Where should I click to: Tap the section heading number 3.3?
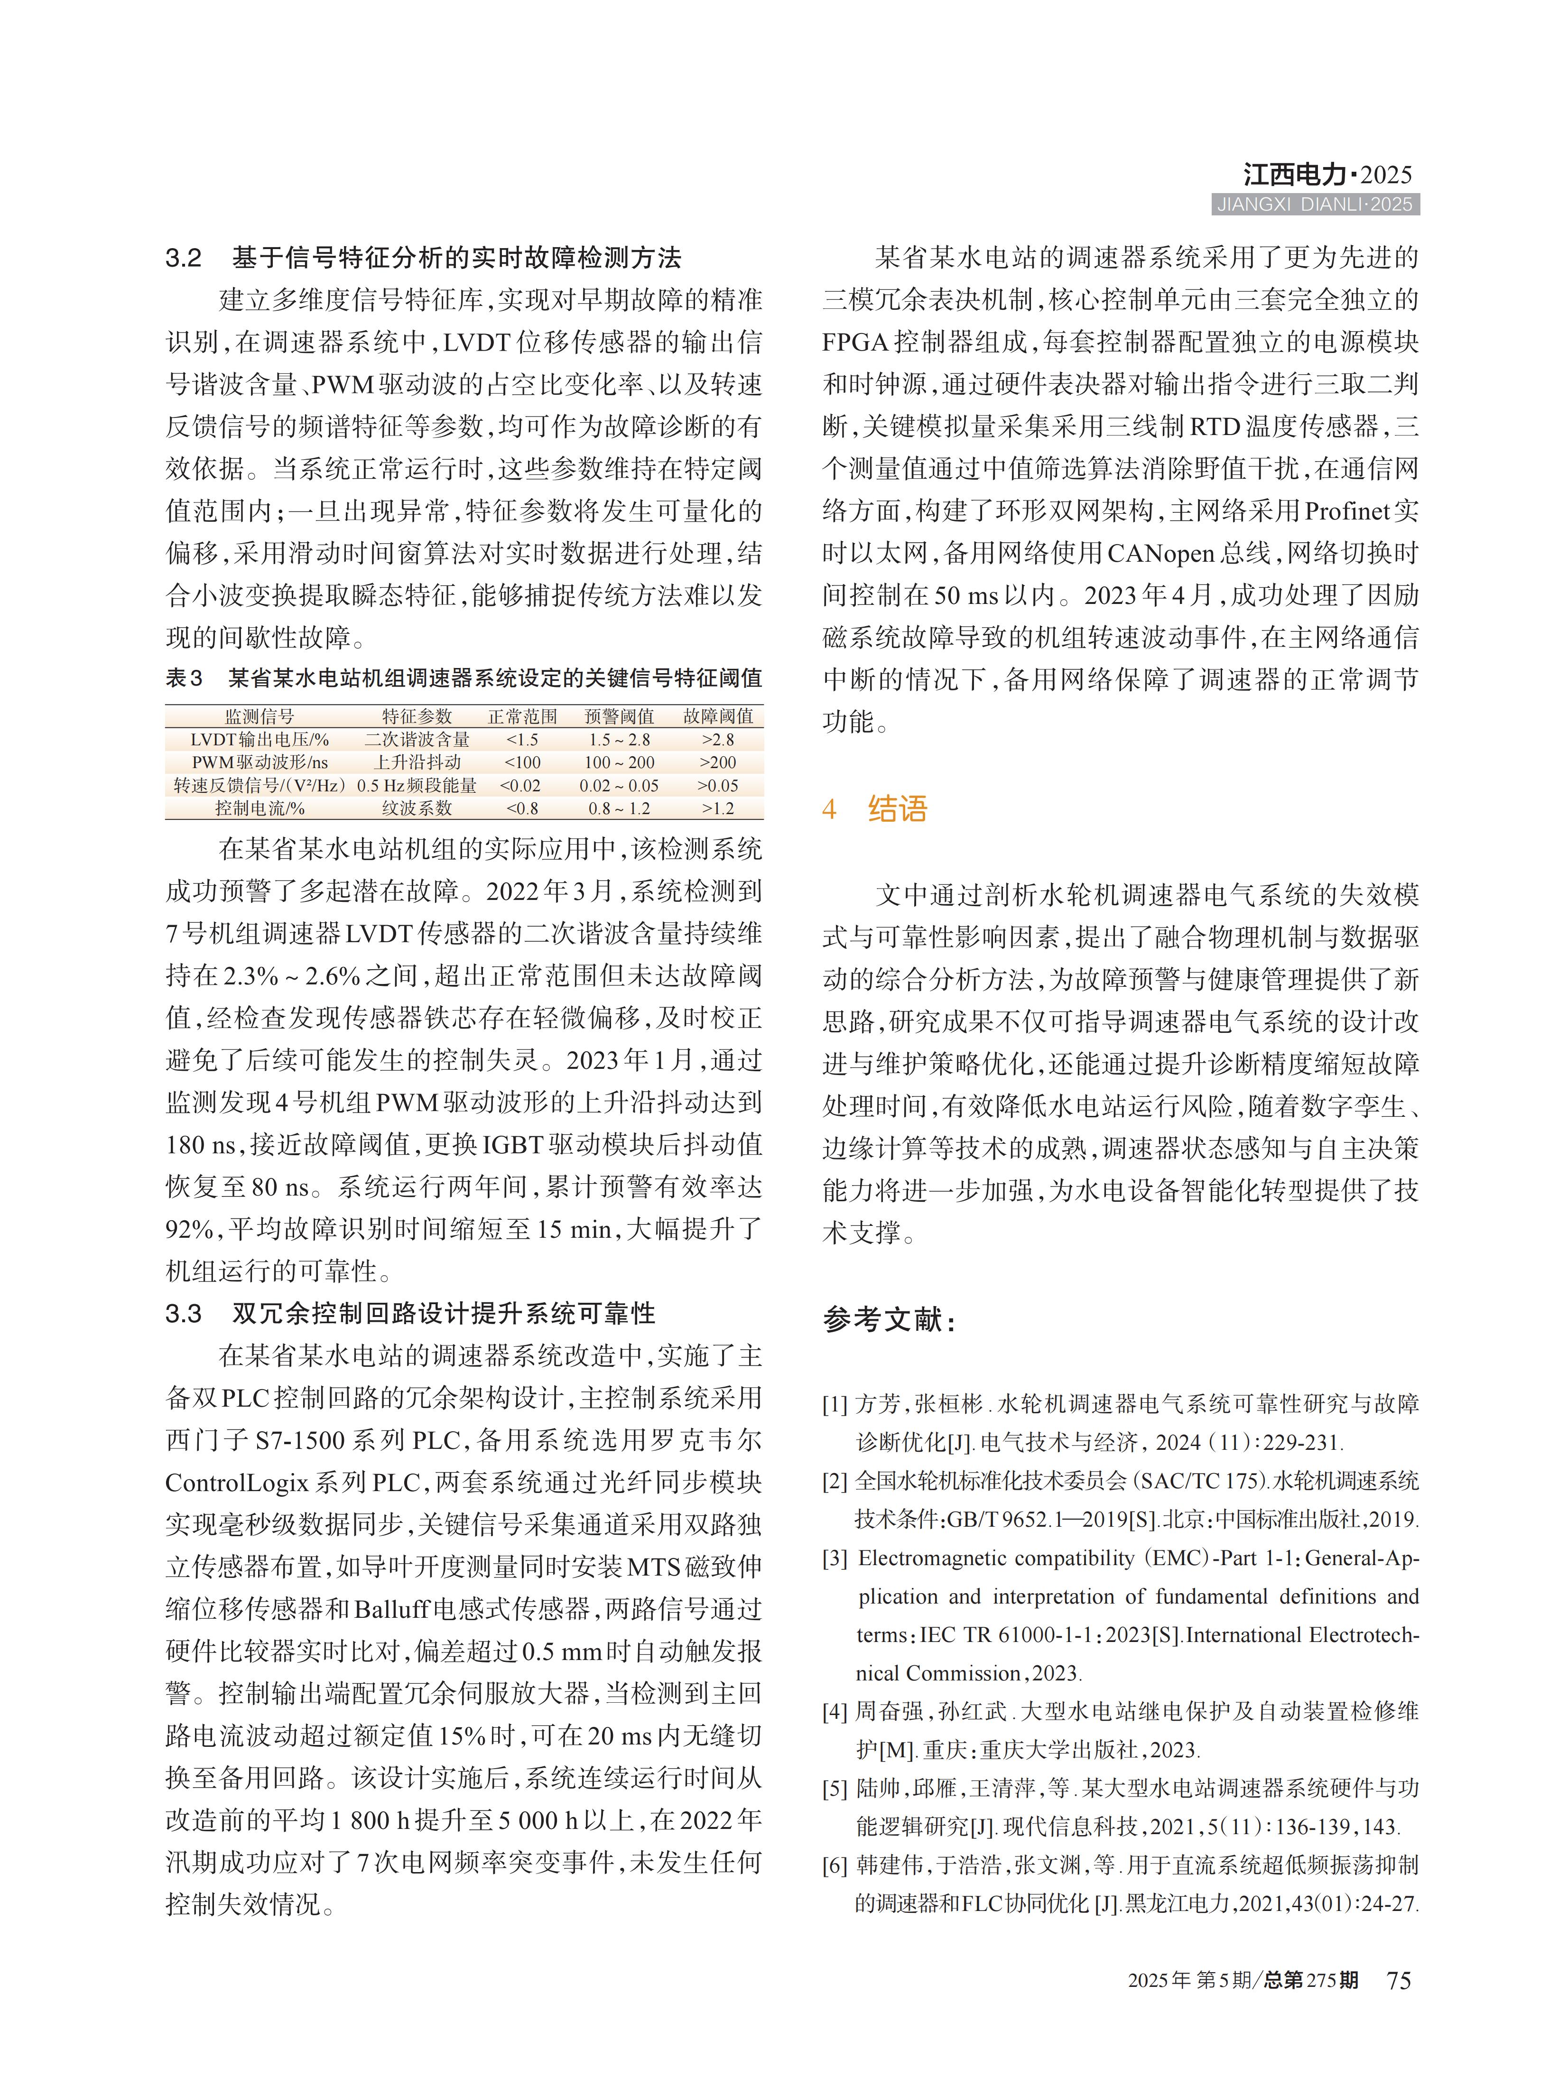point(184,1314)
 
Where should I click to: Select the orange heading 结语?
point(897,809)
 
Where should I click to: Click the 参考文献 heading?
point(889,1320)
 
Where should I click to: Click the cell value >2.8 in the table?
point(718,740)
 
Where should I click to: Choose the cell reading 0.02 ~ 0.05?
point(619,786)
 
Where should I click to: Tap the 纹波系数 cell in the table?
point(417,808)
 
